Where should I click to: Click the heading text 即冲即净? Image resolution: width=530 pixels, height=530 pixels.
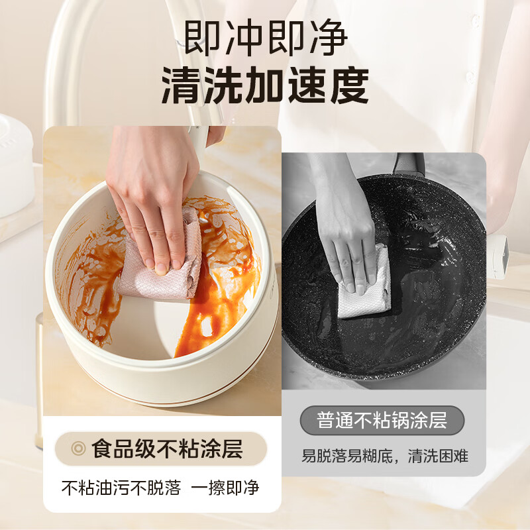click(x=265, y=40)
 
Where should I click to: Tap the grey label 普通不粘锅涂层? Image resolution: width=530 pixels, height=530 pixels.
click(x=382, y=419)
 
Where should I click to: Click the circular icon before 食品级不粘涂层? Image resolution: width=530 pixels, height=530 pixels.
click(x=79, y=449)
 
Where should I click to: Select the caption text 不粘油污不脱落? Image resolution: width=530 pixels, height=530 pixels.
click(x=121, y=488)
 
